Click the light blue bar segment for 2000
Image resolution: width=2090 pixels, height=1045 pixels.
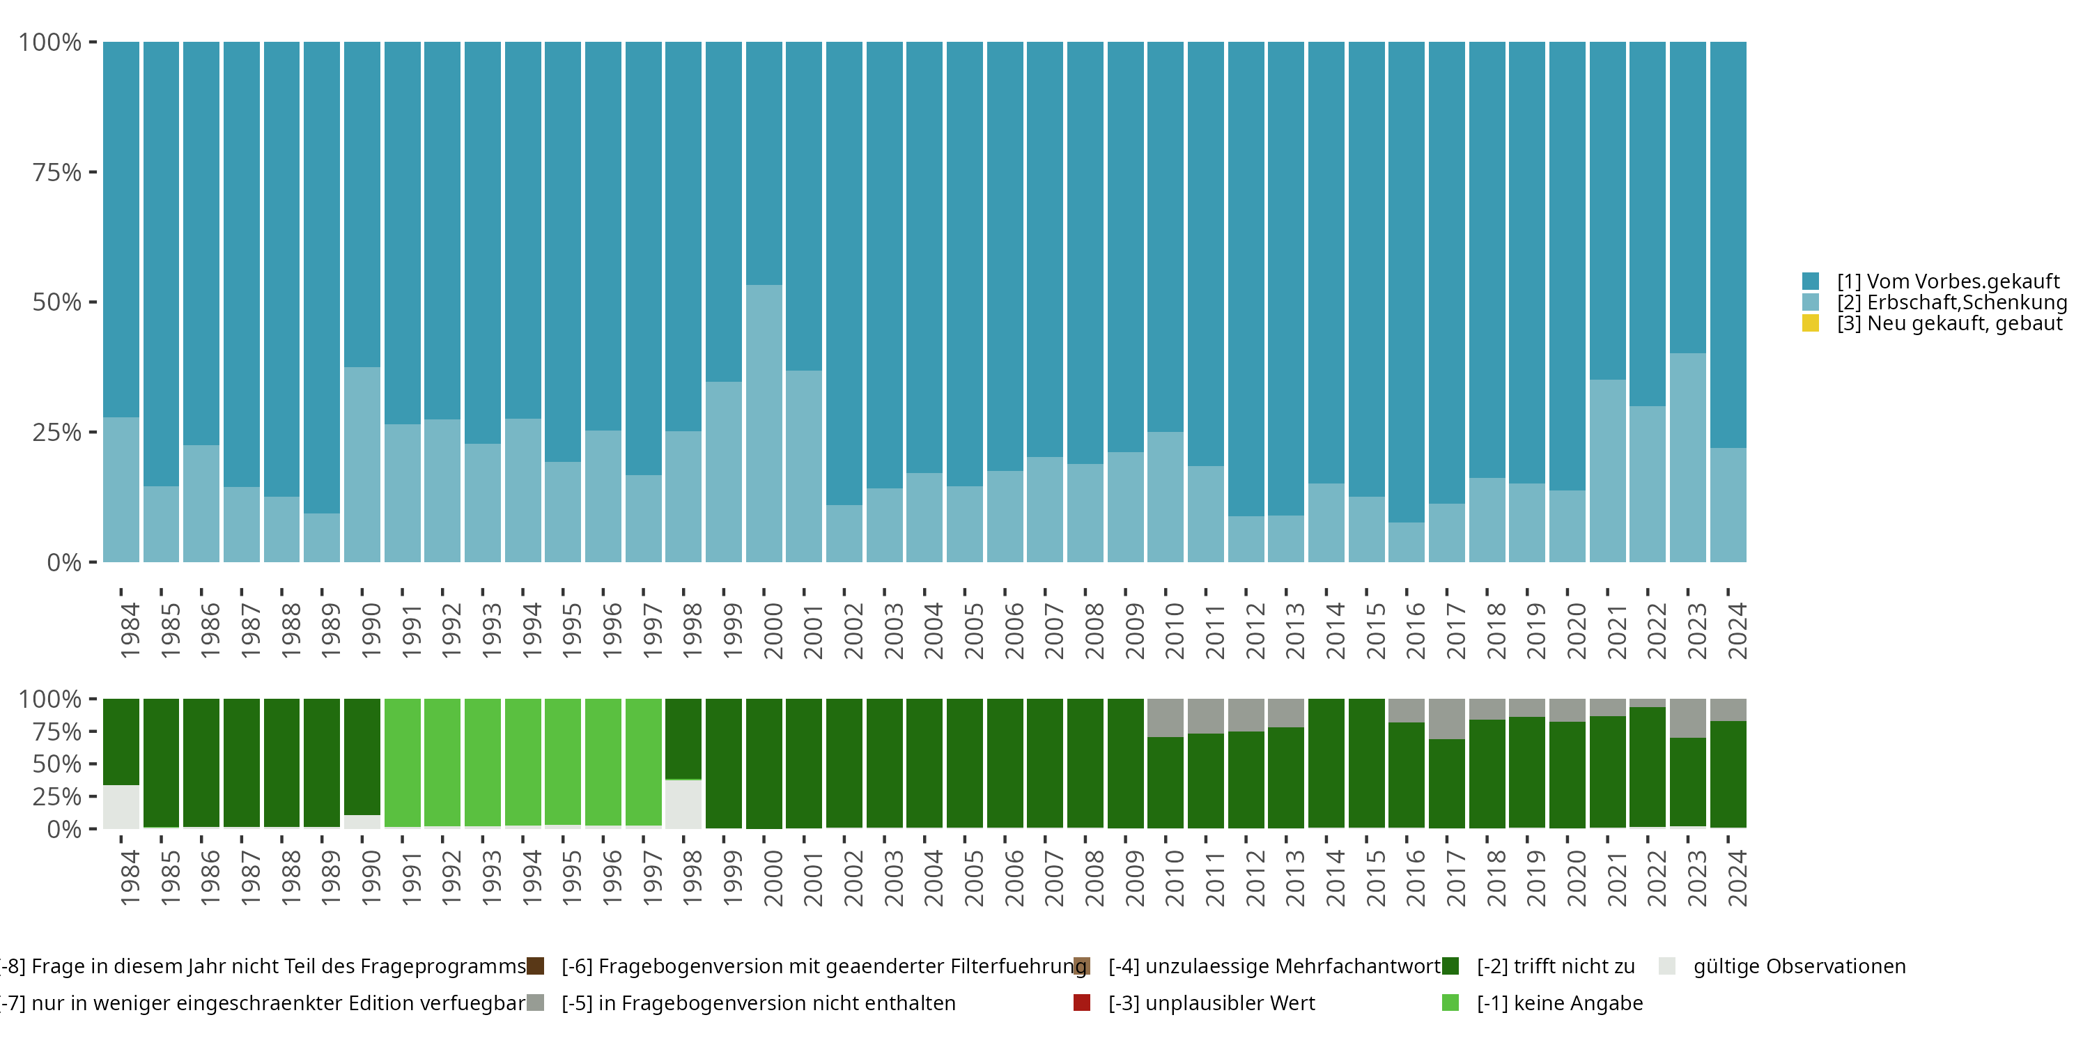coord(764,423)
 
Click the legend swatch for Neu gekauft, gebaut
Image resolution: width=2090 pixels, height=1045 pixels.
coord(1810,324)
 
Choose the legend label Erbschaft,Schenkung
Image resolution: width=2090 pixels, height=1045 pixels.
coord(1952,302)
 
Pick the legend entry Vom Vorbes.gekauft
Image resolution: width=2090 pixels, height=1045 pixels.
coord(1948,281)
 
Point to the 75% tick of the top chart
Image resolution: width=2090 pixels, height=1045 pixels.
coord(93,172)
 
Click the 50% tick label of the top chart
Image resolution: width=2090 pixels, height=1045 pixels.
coord(57,302)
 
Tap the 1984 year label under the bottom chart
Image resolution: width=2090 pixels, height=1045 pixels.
coord(130,878)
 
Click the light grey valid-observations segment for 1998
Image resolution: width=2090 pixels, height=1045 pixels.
coord(683,804)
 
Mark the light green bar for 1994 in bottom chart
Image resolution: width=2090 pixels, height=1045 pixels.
coord(522,762)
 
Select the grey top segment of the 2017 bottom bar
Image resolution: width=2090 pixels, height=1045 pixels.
coord(1446,718)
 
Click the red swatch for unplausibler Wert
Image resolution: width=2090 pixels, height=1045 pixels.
coord(1081,1003)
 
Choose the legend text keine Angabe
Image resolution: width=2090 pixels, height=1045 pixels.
coord(1559,1003)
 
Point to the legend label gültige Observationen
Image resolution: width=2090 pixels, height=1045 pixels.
coord(1799,966)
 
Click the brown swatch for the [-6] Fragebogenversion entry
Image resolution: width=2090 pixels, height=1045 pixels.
coord(536,966)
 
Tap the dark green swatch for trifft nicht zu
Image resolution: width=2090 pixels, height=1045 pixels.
coord(1450,966)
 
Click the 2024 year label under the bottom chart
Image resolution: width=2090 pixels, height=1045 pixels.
coord(1736,878)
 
